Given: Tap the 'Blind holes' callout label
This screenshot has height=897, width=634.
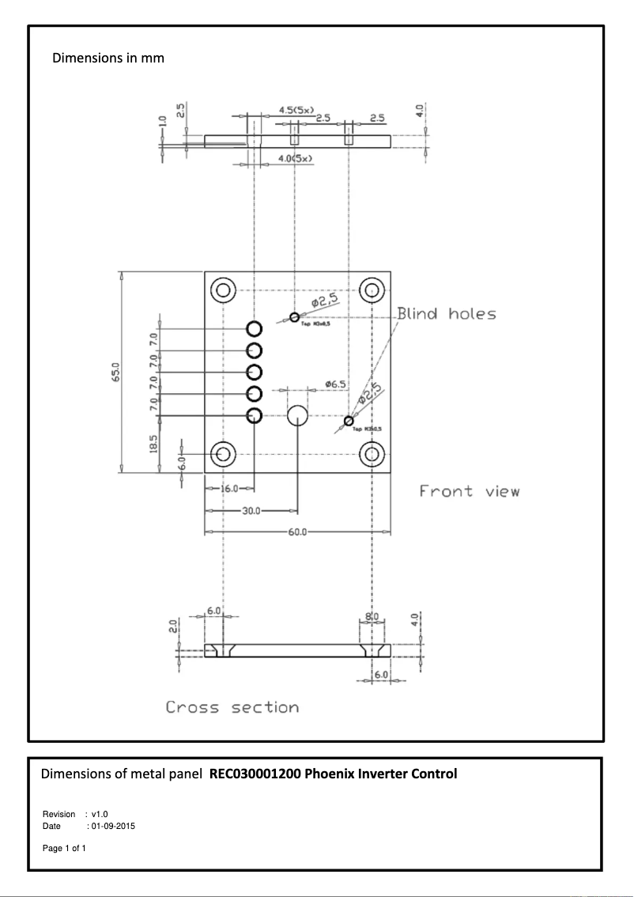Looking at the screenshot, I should click(447, 314).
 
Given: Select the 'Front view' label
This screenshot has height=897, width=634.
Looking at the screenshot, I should click(470, 491).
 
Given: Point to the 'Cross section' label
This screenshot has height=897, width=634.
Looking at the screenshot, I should click(232, 707).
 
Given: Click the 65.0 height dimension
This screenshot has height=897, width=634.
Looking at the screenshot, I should click(115, 372).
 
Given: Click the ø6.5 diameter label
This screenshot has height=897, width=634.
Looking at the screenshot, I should click(335, 384).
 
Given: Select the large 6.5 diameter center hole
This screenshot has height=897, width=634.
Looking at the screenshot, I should click(298, 416).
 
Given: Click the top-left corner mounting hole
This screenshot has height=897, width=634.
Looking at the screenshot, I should click(223, 290).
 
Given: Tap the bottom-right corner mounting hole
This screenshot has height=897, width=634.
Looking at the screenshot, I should click(372, 454).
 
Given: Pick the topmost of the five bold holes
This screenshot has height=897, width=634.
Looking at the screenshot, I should click(255, 329).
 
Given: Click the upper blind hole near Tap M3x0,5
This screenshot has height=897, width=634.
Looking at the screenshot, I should click(294, 317).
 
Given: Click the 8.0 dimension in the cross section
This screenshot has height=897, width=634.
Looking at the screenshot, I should click(372, 615).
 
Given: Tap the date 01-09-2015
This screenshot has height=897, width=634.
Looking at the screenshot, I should click(113, 826).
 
